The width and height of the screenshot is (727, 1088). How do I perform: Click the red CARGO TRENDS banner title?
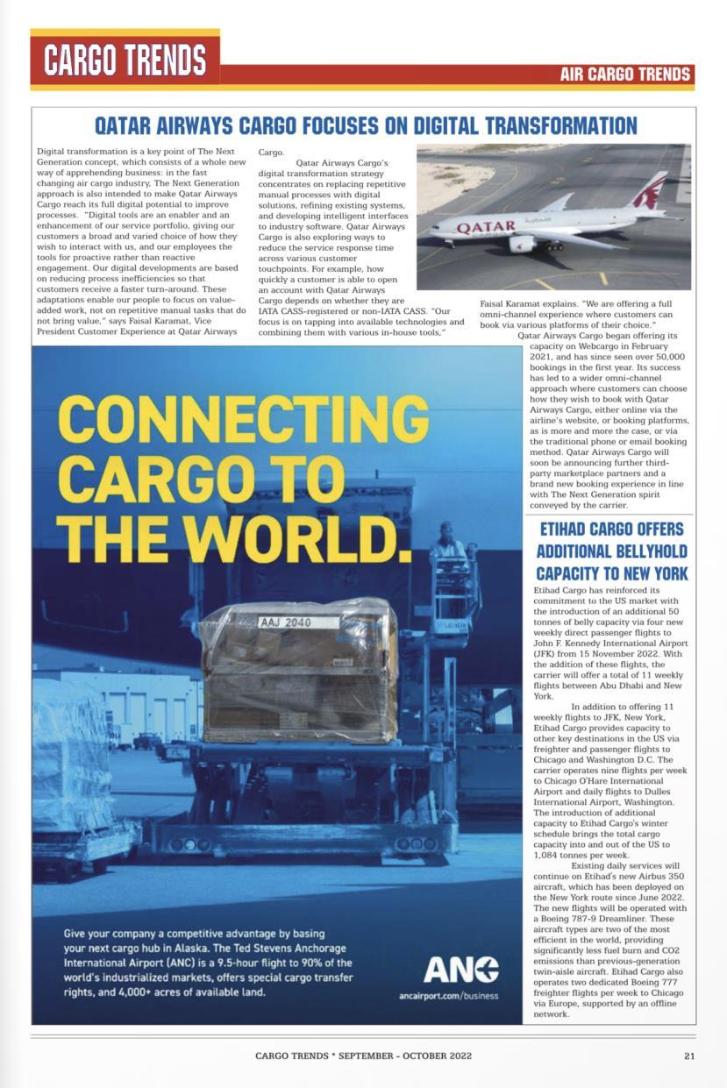[x=125, y=60]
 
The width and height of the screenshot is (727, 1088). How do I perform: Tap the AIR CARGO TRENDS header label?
[x=625, y=75]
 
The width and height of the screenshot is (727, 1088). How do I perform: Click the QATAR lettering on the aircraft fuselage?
[x=485, y=227]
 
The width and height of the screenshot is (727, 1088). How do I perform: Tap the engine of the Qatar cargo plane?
[x=523, y=244]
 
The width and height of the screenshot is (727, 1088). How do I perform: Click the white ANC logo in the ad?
[x=460, y=969]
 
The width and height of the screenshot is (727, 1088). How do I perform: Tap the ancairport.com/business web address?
[x=448, y=996]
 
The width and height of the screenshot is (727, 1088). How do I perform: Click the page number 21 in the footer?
[x=689, y=1056]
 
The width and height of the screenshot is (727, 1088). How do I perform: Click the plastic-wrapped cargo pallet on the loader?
[x=298, y=671]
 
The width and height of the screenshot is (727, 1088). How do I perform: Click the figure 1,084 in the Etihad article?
[x=548, y=855]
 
